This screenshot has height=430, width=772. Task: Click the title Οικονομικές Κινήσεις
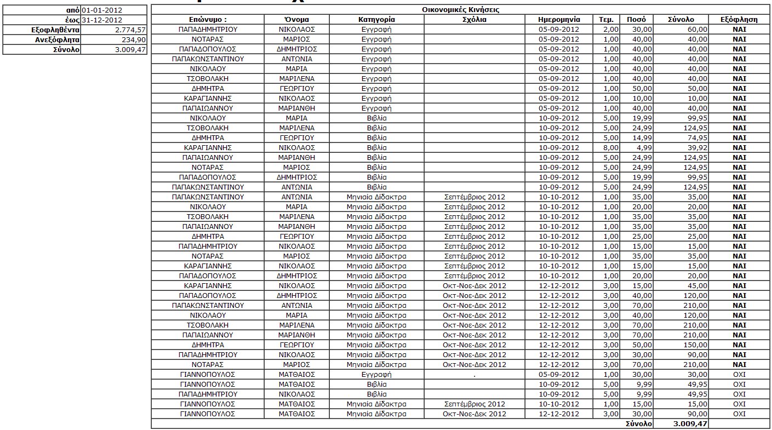point(461,10)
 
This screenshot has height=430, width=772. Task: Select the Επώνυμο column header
point(208,20)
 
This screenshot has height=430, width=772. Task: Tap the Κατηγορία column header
point(376,20)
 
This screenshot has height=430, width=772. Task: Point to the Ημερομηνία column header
point(559,20)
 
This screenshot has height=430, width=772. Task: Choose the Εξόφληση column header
point(739,20)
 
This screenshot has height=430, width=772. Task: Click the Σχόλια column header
point(474,20)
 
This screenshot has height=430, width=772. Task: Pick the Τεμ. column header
point(607,20)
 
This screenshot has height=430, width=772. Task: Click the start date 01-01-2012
point(102,10)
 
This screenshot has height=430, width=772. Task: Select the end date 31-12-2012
point(102,20)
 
